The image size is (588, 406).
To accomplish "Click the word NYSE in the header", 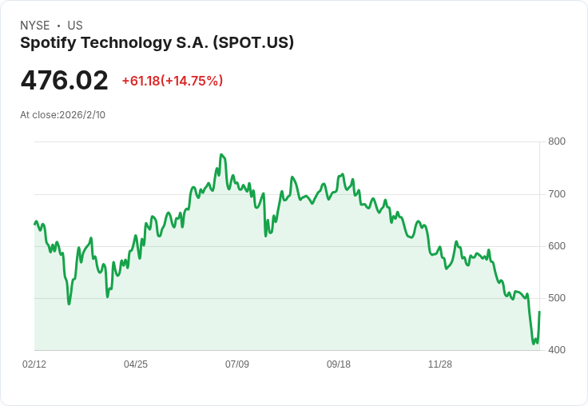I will click(x=34, y=26).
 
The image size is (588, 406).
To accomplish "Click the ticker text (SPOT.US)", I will click(x=254, y=43).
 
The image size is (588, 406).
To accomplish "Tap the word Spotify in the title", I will click(x=46, y=43).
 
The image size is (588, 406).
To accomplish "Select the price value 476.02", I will click(x=64, y=81).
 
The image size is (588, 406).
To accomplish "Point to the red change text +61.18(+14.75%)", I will click(x=172, y=81).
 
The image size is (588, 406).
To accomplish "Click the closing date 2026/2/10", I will click(x=82, y=115).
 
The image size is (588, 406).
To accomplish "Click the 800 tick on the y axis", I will click(x=557, y=142).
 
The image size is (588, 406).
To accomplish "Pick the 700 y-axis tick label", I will click(x=557, y=194).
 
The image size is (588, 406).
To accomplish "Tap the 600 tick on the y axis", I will click(x=557, y=246).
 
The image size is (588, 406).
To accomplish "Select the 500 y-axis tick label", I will click(x=557, y=298).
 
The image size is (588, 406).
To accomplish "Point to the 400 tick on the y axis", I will click(x=557, y=350).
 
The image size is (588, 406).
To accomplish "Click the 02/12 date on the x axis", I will click(x=34, y=364).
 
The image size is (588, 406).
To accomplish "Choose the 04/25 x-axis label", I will click(x=136, y=364).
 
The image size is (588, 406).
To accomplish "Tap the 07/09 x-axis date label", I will click(x=237, y=364).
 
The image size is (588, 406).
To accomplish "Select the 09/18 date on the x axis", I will click(x=339, y=364).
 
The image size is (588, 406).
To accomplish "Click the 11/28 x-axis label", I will click(x=440, y=364).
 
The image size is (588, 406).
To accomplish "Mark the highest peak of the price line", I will click(x=220, y=155).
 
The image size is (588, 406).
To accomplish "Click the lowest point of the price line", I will click(x=534, y=344).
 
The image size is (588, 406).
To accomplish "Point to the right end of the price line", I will click(x=539, y=312).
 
